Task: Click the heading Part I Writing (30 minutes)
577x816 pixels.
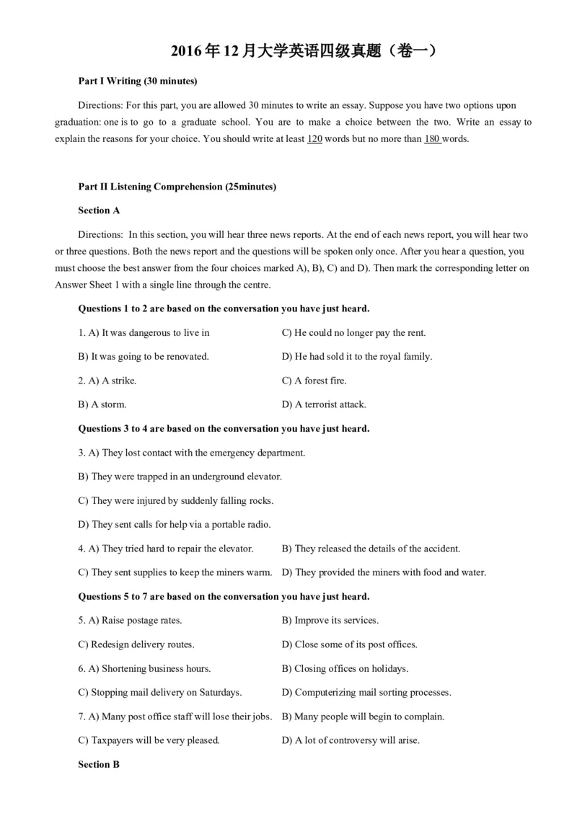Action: tap(137, 81)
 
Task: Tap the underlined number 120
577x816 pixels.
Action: tap(314, 139)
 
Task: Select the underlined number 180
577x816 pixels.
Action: tap(432, 139)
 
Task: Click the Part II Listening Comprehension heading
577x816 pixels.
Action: tap(177, 187)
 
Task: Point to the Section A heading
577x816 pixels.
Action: tap(99, 210)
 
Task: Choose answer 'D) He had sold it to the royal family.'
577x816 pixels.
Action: tap(356, 357)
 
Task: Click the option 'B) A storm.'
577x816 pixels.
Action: tap(102, 404)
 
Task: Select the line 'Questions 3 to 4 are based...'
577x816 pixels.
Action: tap(224, 429)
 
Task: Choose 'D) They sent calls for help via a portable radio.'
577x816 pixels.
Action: tap(174, 525)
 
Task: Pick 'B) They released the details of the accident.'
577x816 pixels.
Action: tap(371, 549)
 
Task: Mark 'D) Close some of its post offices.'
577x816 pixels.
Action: tap(349, 644)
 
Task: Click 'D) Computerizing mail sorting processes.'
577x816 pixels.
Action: tap(366, 693)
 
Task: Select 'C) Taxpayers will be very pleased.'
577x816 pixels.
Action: tap(149, 740)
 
